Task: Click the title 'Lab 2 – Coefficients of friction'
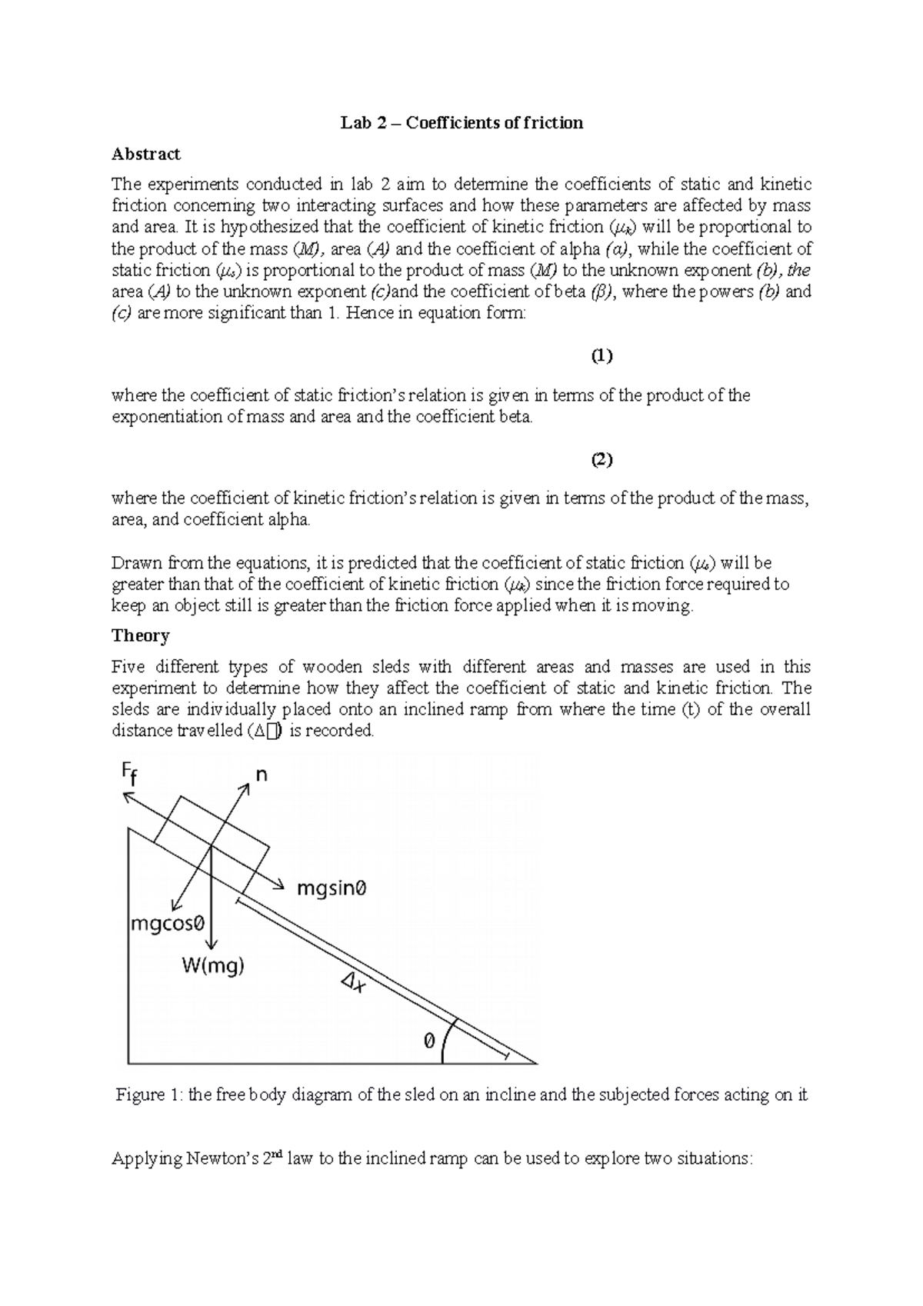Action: [x=462, y=123]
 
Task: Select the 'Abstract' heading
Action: [x=145, y=154]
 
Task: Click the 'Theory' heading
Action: [x=140, y=635]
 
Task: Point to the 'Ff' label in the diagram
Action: [x=130, y=775]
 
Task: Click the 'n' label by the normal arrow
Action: [x=262, y=775]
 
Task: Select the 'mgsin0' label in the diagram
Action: [x=332, y=888]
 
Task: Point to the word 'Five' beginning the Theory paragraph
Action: [x=128, y=666]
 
